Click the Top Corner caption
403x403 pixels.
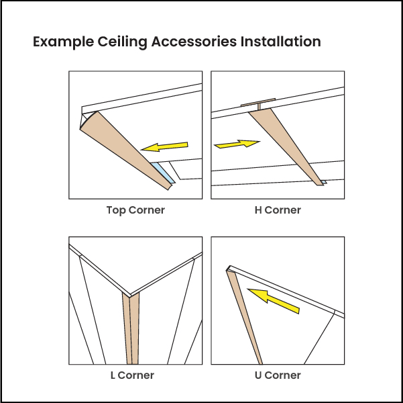pos(135,210)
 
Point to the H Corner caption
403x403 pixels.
pos(278,210)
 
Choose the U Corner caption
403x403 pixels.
pos(278,375)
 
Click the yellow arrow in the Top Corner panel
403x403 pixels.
pos(164,146)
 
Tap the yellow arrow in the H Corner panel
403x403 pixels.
pos(237,144)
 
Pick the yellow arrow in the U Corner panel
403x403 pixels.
pos(273,300)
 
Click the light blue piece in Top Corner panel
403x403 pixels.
pos(164,172)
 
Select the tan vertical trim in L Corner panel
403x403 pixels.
pos(131,329)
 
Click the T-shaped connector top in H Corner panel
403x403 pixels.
pos(257,103)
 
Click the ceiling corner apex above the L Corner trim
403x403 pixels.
pos(131,294)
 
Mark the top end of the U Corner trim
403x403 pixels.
pos(230,268)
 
